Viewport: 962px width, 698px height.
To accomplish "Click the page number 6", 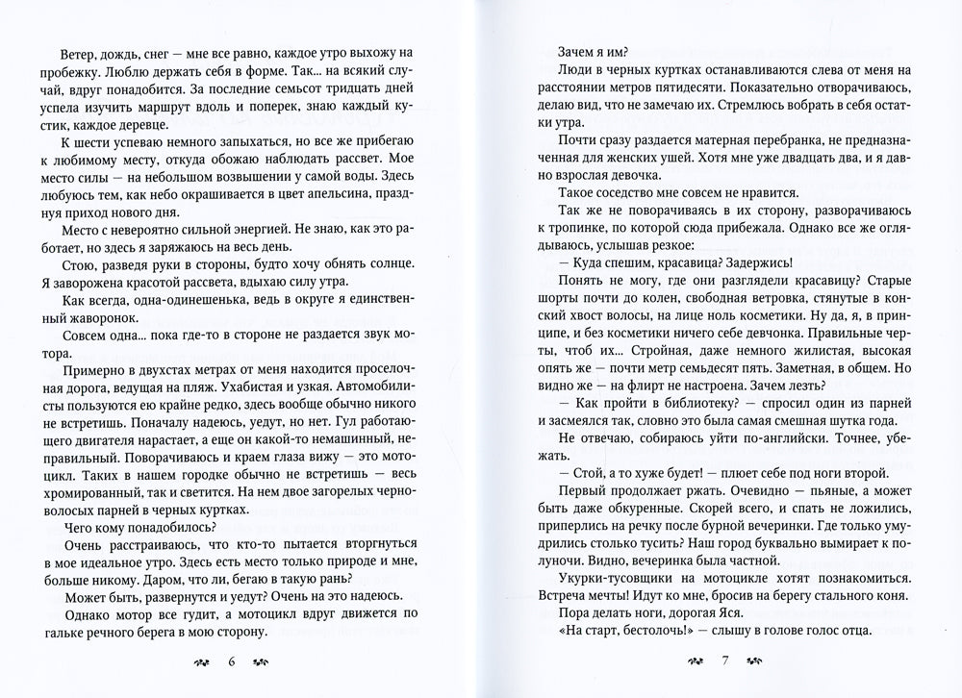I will (x=231, y=662).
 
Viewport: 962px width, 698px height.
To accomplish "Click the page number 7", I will (x=726, y=662).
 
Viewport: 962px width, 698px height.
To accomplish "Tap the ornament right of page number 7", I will (x=756, y=662).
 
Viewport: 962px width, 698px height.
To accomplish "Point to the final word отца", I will (x=848, y=628).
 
